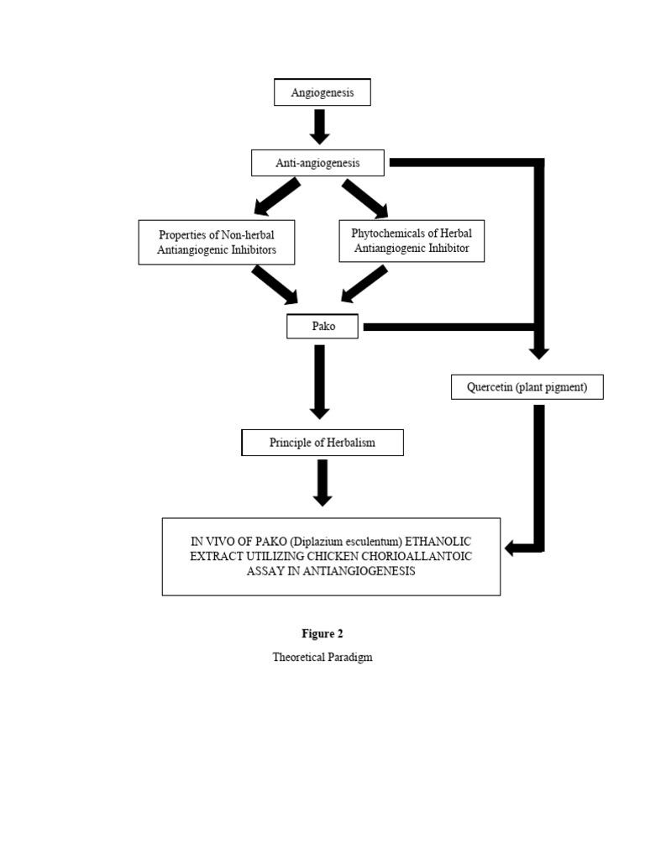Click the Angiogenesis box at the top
point(322,92)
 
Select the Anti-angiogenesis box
point(317,163)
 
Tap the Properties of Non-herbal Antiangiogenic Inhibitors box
point(217,242)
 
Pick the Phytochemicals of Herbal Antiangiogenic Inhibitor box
point(412,241)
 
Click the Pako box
point(322,326)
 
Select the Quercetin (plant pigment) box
point(527,386)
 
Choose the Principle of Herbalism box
point(322,443)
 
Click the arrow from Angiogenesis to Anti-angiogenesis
point(319,127)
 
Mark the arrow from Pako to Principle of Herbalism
point(319,381)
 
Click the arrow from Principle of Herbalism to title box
point(322,483)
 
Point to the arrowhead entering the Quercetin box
point(538,350)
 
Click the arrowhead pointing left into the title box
point(511,548)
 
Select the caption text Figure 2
point(322,634)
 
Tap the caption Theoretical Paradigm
point(322,657)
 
